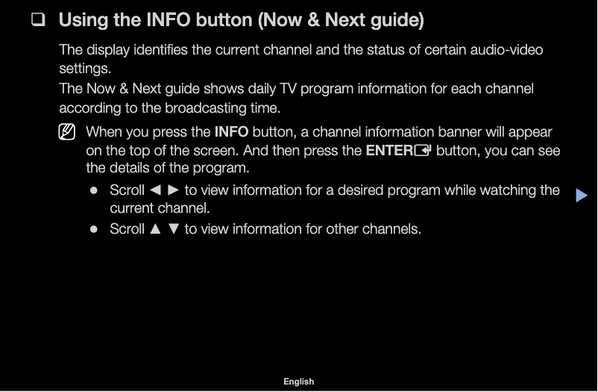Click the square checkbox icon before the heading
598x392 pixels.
tap(38, 20)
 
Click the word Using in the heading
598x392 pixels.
tap(84, 20)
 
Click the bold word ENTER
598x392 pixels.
tap(389, 150)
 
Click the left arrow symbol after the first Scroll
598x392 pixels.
tap(155, 190)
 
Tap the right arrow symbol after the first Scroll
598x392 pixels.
tap(173, 190)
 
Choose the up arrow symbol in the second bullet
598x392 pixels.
tap(155, 229)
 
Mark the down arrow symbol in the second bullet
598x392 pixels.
tap(173, 229)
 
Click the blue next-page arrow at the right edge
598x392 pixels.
tap(582, 196)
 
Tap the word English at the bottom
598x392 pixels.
tap(298, 382)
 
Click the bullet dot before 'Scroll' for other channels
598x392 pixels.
tap(94, 229)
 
